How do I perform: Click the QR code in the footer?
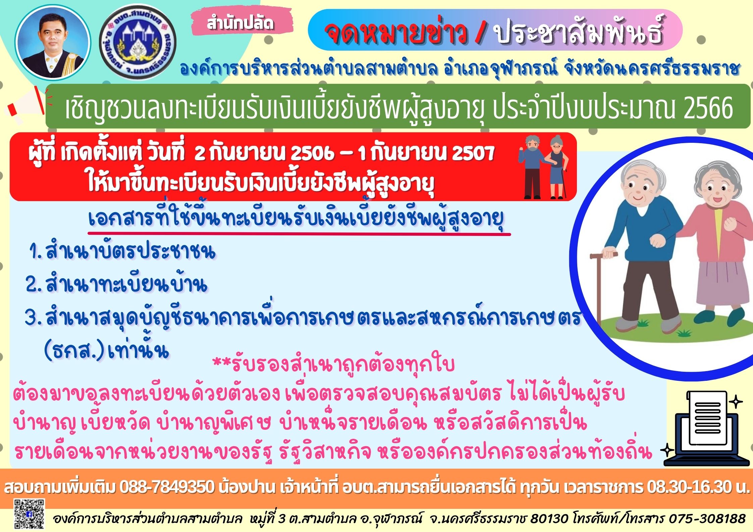tap(29, 516)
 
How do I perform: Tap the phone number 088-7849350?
tap(167, 487)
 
